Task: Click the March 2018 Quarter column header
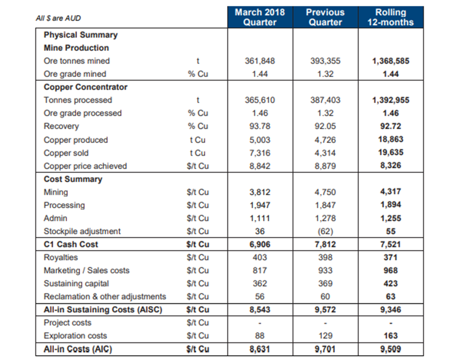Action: point(260,17)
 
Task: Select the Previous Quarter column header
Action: point(325,17)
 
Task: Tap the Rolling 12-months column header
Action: point(391,17)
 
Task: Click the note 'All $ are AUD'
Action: point(58,18)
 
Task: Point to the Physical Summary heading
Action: point(81,35)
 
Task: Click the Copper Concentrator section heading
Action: point(85,87)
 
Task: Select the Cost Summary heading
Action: point(73,179)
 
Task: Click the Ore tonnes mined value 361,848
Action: point(260,61)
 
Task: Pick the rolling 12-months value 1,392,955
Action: point(391,100)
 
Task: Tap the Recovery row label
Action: point(61,126)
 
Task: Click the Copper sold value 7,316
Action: point(260,153)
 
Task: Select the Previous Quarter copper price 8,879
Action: point(325,166)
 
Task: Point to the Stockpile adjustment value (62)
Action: point(325,231)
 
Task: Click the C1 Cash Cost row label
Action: point(71,245)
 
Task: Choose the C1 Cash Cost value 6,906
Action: point(260,245)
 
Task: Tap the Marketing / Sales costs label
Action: point(86,271)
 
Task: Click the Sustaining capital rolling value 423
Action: point(391,283)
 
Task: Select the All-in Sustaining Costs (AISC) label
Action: point(103,310)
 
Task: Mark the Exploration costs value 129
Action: point(325,335)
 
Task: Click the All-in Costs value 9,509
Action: point(391,349)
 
